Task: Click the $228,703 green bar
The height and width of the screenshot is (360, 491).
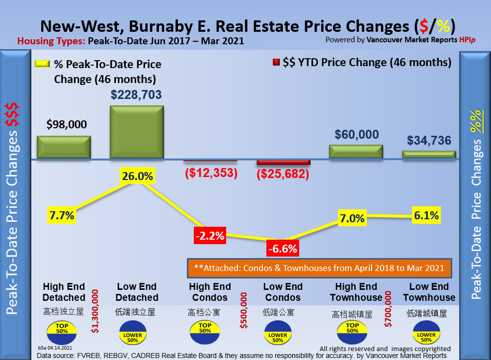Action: (x=137, y=132)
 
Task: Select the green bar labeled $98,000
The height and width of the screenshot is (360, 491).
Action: (x=64, y=147)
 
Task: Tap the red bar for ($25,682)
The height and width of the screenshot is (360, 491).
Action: (x=283, y=163)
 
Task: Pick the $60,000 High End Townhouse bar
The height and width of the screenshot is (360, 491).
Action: (x=356, y=152)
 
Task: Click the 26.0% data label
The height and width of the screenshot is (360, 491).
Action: (x=137, y=176)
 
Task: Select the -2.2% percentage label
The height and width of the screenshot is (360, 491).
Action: (x=210, y=236)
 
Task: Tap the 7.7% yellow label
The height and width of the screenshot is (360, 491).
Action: (x=62, y=215)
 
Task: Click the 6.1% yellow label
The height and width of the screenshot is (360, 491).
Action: (x=426, y=216)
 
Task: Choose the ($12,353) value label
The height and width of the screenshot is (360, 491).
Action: (x=210, y=173)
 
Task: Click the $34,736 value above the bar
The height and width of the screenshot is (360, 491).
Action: (x=429, y=141)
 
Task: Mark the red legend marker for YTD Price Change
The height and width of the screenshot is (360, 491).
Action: (x=276, y=63)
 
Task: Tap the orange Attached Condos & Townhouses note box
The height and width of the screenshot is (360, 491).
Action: (x=319, y=268)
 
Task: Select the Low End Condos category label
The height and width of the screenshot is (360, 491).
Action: (x=282, y=292)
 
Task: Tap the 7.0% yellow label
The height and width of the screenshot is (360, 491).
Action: (x=352, y=218)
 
